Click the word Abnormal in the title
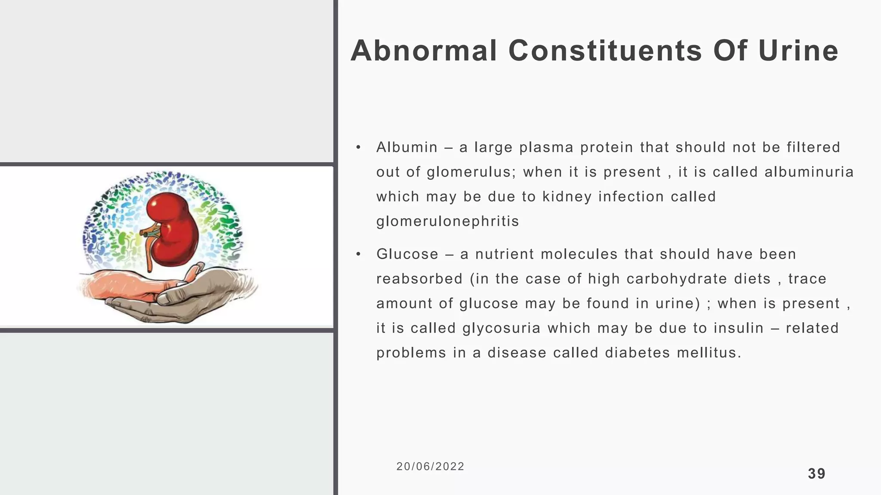click(x=424, y=51)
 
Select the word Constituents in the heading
click(x=605, y=51)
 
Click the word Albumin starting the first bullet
click(x=407, y=147)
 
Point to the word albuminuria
click(x=809, y=172)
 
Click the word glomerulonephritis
click(x=447, y=221)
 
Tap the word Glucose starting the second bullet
click(x=407, y=254)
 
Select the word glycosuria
click(x=501, y=328)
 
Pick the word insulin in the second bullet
click(x=739, y=328)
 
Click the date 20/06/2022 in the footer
click(x=430, y=467)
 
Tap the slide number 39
click(x=816, y=474)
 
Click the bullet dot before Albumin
click(x=358, y=148)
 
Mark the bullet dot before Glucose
click(x=358, y=254)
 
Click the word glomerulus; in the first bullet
click(x=471, y=172)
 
